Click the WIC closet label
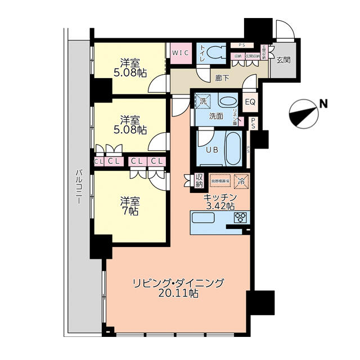(181, 52)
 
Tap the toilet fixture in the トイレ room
(214, 52)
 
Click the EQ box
(250, 102)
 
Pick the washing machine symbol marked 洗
(201, 102)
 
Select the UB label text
(211, 150)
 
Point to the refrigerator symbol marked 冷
(241, 181)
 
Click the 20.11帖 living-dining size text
(178, 293)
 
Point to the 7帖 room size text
(129, 211)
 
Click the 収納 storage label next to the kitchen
(199, 179)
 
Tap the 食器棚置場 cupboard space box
(220, 181)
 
